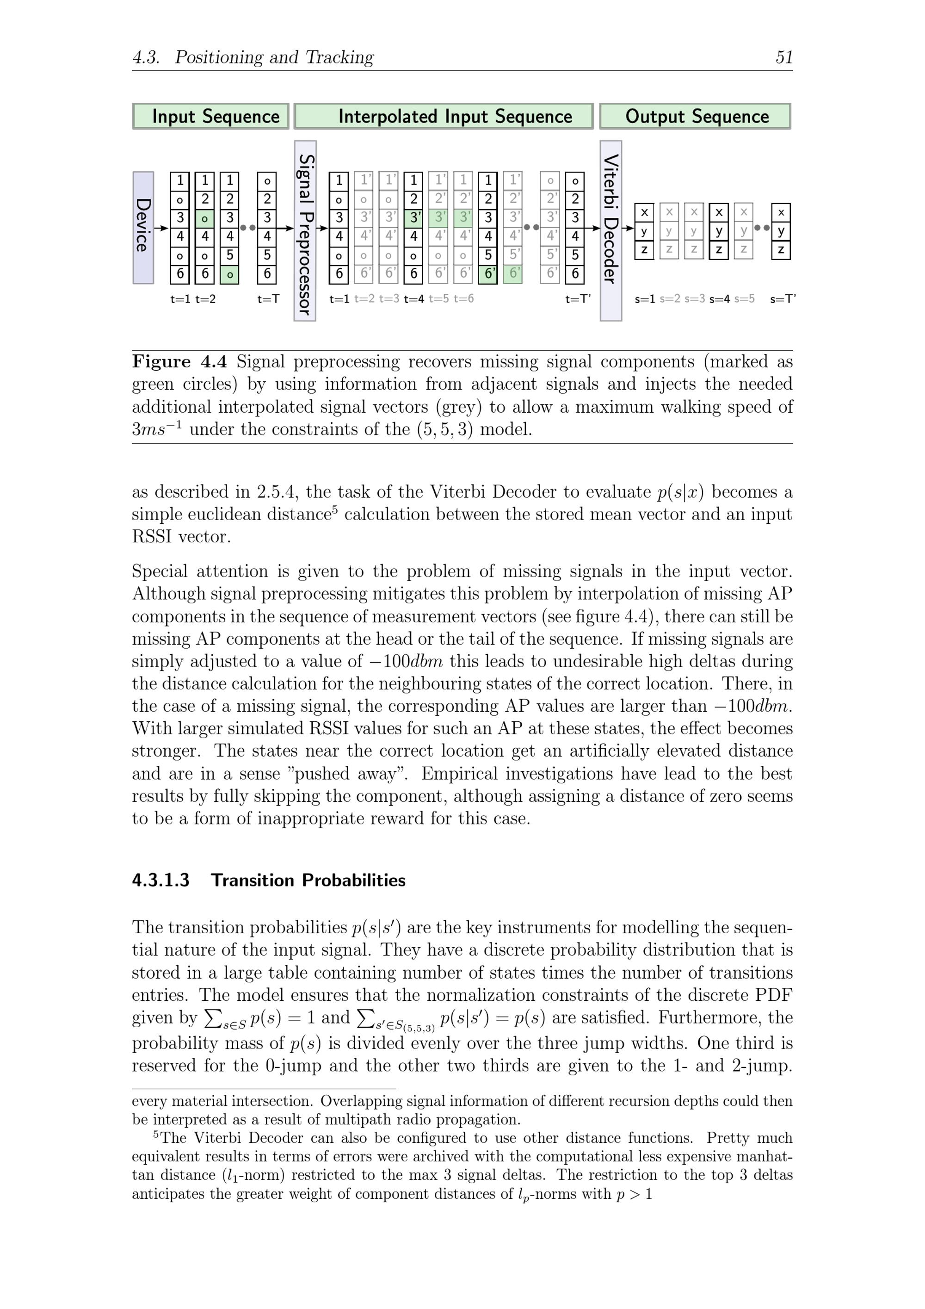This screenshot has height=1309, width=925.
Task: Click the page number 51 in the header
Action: [x=783, y=57]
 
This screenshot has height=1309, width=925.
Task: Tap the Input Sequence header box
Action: [x=211, y=116]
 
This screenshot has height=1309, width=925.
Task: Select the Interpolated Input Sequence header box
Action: [x=444, y=116]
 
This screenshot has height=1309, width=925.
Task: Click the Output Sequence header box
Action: [x=695, y=116]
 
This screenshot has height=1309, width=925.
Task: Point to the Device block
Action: [x=143, y=228]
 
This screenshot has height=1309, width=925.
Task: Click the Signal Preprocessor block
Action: [x=305, y=231]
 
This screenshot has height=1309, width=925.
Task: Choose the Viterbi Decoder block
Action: [x=610, y=231]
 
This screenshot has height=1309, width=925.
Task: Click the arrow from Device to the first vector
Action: [x=161, y=228]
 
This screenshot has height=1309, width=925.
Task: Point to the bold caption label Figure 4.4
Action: [x=179, y=362]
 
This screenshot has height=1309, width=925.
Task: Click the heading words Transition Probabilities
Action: [x=308, y=880]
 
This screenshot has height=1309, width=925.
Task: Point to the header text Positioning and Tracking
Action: [x=274, y=57]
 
